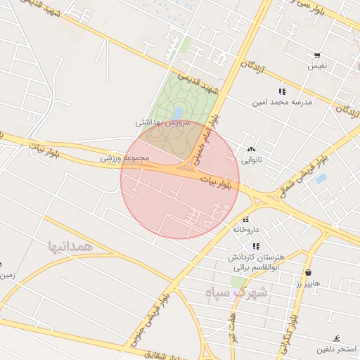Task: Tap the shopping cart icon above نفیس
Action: click(317, 56)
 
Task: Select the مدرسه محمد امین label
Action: click(283, 103)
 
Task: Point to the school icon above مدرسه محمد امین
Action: click(282, 91)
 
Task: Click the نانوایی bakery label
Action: click(251, 160)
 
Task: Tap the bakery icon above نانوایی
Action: click(251, 149)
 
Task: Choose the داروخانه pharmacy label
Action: click(245, 229)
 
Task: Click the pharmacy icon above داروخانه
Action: click(245, 219)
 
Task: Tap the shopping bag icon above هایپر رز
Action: click(308, 272)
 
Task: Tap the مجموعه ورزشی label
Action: click(126, 157)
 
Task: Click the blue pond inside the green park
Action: click(179, 112)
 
